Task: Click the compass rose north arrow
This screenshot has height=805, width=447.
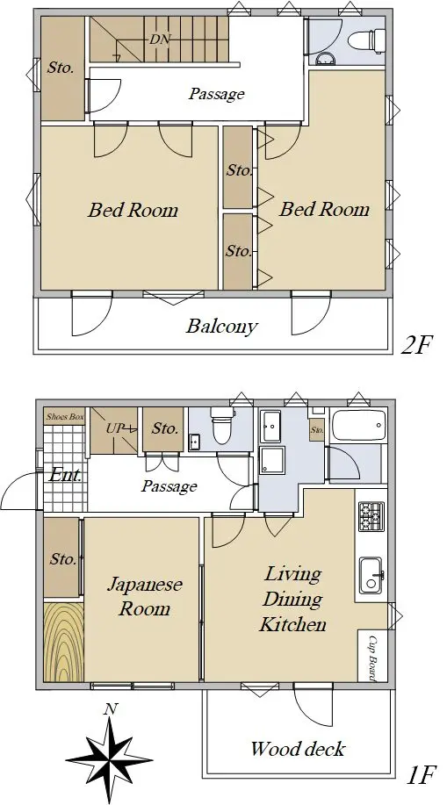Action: click(x=110, y=755)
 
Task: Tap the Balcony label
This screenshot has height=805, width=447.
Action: click(x=221, y=326)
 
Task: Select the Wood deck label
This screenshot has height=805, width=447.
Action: click(x=298, y=749)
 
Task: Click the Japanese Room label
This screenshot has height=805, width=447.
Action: click(x=144, y=597)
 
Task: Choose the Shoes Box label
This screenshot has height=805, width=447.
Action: click(x=65, y=416)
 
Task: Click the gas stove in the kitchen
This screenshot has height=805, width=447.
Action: click(x=371, y=516)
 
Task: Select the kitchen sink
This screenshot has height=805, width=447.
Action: click(x=371, y=575)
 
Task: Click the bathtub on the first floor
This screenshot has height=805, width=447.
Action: click(x=358, y=425)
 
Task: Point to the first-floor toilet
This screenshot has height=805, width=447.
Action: click(x=222, y=426)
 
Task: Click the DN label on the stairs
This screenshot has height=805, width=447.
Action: click(x=160, y=40)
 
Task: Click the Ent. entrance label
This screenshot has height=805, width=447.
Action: click(x=65, y=475)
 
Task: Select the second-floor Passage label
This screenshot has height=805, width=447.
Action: click(x=216, y=94)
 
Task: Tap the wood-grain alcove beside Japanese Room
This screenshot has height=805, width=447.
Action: click(x=64, y=642)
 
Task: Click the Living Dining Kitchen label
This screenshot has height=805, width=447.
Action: click(x=292, y=599)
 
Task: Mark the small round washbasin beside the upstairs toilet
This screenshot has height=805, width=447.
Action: click(x=324, y=59)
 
